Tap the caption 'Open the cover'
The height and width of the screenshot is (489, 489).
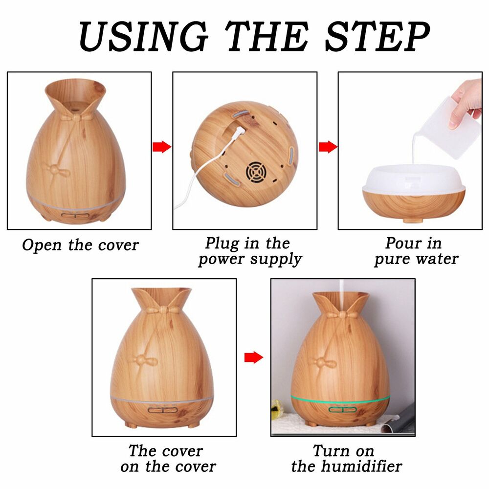80,245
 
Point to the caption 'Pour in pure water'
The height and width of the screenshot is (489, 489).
416,251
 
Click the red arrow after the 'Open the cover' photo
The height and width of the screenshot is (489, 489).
162,147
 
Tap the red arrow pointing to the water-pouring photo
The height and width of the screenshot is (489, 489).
328,147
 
